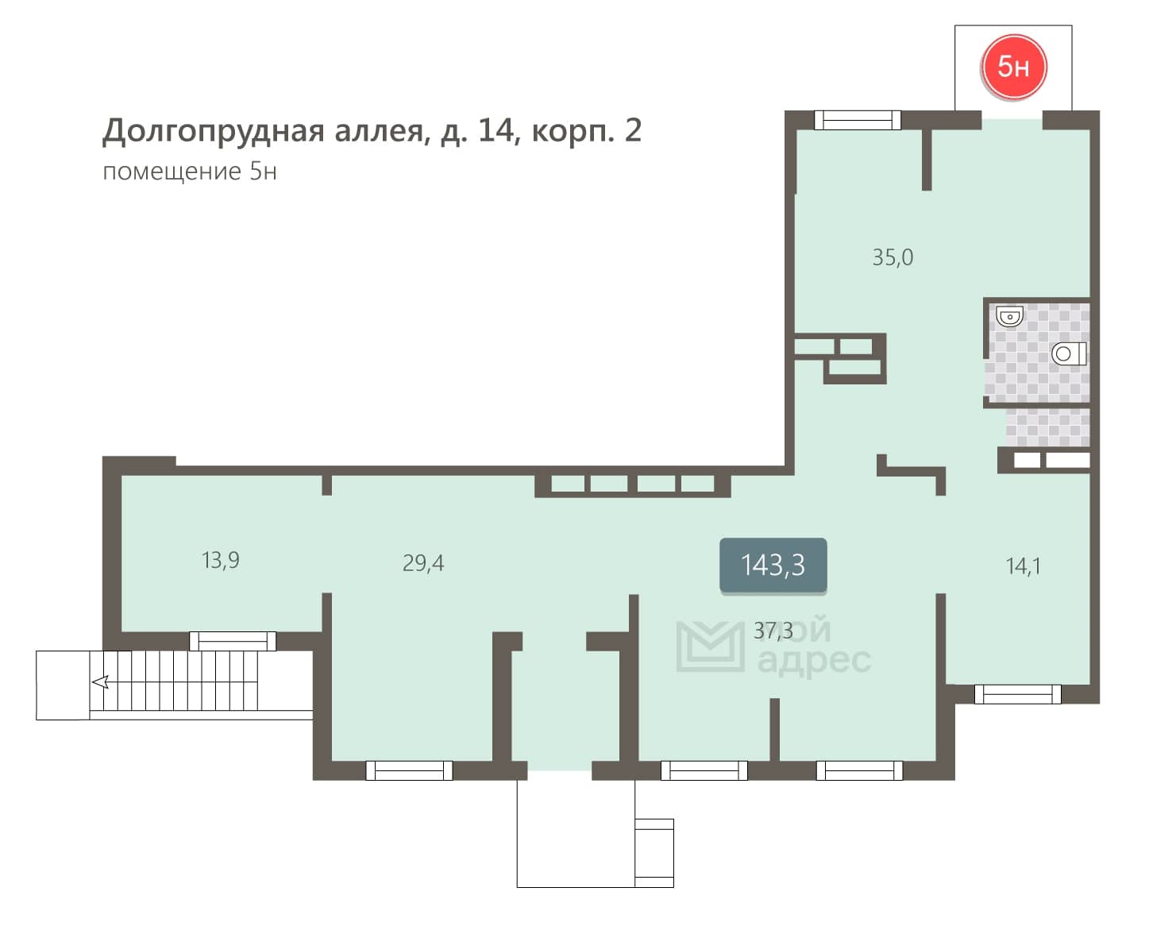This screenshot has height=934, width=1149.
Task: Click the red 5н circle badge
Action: point(1012,67)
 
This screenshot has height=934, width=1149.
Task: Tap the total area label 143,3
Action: point(773,565)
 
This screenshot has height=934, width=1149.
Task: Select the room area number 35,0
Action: point(893,257)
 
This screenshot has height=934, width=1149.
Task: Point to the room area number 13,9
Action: point(220,560)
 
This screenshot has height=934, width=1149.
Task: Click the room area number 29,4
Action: point(423,563)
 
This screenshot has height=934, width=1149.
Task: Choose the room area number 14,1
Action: point(1023,566)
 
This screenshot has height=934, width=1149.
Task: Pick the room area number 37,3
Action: point(773,631)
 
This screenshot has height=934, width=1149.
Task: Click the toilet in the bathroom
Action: point(1069,354)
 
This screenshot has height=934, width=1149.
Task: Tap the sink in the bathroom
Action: point(1009,316)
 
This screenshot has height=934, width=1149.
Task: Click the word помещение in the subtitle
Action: point(172,172)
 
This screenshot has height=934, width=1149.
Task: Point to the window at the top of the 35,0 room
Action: point(857,120)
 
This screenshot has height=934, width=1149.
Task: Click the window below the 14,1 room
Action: point(1017,694)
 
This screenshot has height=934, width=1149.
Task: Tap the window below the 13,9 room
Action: point(233,641)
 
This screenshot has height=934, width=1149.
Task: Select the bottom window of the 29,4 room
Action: point(409,770)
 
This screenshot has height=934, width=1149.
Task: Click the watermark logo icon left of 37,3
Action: point(710,646)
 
